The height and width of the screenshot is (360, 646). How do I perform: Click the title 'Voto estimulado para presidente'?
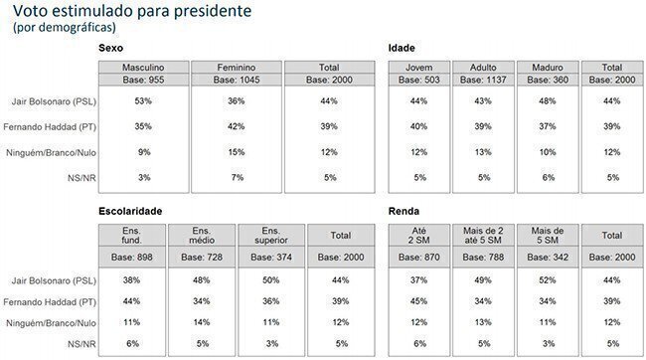pos(132,11)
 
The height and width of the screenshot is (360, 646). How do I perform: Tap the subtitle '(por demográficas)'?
pos(65,27)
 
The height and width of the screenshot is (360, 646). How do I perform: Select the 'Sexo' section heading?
pos(111,48)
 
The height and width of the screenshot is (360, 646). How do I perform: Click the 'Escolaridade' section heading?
pos(130,211)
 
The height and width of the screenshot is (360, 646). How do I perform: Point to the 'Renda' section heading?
pos(404,211)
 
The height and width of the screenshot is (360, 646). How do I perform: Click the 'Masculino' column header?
pos(143,68)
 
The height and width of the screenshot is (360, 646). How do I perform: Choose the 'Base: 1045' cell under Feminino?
pos(237,80)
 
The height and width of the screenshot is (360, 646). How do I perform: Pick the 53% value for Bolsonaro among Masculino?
pos(143,101)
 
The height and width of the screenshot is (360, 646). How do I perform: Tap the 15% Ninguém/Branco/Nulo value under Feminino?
pos(237,152)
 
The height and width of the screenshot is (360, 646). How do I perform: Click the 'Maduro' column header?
pos(548,68)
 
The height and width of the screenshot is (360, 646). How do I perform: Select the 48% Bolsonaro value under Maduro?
pos(548,101)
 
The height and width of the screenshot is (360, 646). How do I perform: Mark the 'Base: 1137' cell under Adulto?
pos(483,80)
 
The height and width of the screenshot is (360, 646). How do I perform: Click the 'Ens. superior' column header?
pos(271,236)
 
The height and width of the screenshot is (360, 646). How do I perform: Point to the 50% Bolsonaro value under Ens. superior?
pos(271,280)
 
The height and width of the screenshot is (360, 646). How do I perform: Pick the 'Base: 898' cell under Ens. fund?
pos(132,258)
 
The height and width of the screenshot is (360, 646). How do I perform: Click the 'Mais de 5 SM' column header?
pos(548,236)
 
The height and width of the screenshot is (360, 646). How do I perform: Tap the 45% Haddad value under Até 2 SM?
pos(418,301)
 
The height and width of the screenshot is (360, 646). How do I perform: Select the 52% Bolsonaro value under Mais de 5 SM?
pos(548,280)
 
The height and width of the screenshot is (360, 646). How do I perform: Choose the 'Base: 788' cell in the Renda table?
pos(483,258)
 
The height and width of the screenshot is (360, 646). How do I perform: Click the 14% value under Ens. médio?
pos(202,322)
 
